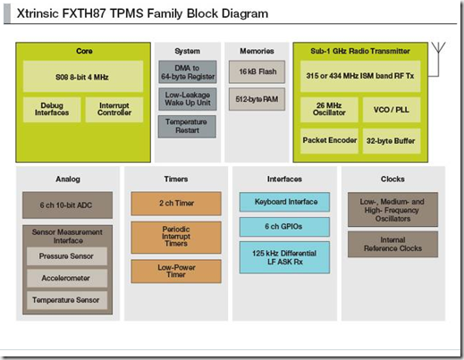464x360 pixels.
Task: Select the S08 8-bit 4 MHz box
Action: pos(83,77)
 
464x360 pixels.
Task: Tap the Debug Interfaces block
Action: pos(52,109)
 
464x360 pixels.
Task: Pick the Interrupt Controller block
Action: pos(114,109)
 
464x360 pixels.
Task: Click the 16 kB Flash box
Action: pos(257,71)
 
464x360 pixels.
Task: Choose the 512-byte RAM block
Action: pos(257,99)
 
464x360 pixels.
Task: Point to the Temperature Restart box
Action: pos(187,126)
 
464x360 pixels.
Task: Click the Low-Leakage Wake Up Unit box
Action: pos(188,99)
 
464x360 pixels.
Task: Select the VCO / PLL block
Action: pos(392,110)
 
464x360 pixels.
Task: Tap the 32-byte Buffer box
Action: pos(392,141)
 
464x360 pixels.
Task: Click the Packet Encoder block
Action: pos(329,141)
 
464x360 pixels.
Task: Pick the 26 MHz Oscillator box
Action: pos(329,110)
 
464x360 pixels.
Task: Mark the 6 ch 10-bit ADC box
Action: pos(67,205)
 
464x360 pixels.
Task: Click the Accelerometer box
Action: pos(67,278)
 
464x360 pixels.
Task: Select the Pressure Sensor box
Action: pos(67,256)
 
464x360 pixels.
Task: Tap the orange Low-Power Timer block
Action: pos(176,272)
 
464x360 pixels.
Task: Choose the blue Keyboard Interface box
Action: pos(284,202)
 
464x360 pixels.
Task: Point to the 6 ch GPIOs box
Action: pos(284,227)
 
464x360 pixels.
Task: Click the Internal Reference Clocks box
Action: pos(392,244)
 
